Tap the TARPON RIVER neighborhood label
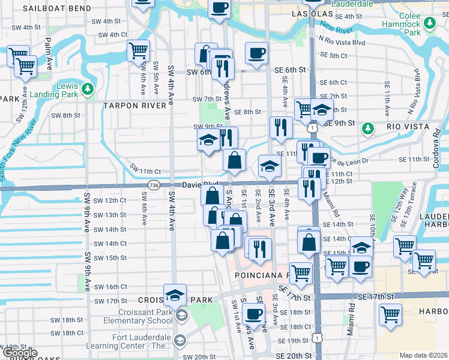134,106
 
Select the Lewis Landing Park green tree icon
88,90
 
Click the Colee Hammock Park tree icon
429,23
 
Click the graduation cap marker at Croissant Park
175,296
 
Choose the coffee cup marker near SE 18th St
253,314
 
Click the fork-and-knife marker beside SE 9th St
280,127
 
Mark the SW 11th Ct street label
145,172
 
